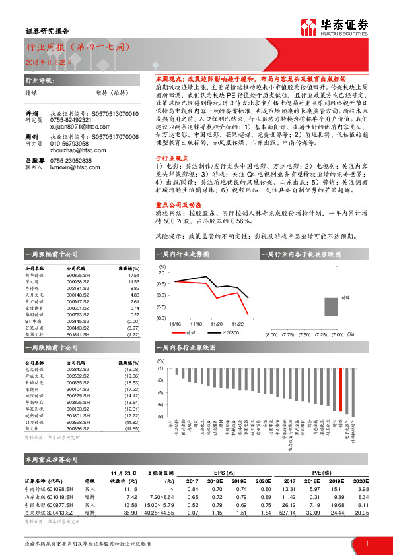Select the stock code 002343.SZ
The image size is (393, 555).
pos(80,369)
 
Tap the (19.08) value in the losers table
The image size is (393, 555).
pos(131,369)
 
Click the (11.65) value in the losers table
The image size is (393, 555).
pos(131,428)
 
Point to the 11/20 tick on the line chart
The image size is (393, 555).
pos(216,324)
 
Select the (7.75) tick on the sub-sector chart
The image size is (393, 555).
pos(288,334)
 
